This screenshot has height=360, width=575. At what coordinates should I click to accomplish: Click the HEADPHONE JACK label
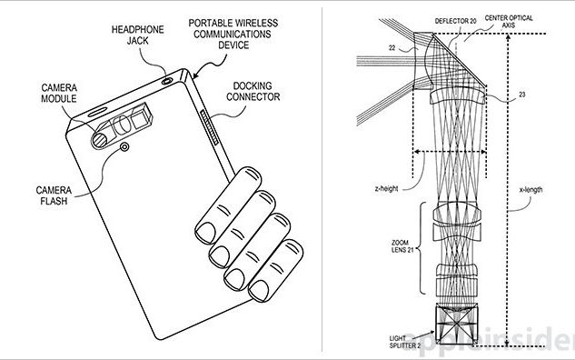[x=137, y=35]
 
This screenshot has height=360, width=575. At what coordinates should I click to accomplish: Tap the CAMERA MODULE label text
[x=59, y=94]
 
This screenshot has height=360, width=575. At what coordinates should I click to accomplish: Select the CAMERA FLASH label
[x=54, y=195]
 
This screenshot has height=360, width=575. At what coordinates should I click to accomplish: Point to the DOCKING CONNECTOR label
[x=253, y=91]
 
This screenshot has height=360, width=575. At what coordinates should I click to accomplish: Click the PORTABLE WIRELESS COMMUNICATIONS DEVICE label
[x=233, y=34]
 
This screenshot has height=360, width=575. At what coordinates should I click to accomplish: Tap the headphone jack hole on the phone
[x=167, y=81]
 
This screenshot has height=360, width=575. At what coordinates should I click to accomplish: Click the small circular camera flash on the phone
[x=124, y=147]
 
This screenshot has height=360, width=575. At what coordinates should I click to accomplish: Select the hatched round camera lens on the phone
[x=99, y=141]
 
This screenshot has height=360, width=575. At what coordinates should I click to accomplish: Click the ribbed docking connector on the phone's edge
[x=210, y=127]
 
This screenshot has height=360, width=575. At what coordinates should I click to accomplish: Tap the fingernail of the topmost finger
[x=205, y=233]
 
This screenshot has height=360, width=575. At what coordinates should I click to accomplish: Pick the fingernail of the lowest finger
[x=259, y=291]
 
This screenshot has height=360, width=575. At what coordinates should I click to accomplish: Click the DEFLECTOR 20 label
[x=455, y=21]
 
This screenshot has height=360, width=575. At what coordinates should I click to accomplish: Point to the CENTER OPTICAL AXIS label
[x=509, y=21]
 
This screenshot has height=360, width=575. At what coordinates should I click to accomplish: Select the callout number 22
[x=392, y=47]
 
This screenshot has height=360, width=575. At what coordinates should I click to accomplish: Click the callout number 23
[x=521, y=95]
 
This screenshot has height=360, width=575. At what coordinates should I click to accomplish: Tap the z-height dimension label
[x=386, y=188]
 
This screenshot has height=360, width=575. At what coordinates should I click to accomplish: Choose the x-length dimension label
[x=530, y=190]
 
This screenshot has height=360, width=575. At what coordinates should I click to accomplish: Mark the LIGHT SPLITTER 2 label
[x=405, y=342]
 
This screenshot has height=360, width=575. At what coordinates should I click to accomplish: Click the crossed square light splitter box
[x=457, y=324]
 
